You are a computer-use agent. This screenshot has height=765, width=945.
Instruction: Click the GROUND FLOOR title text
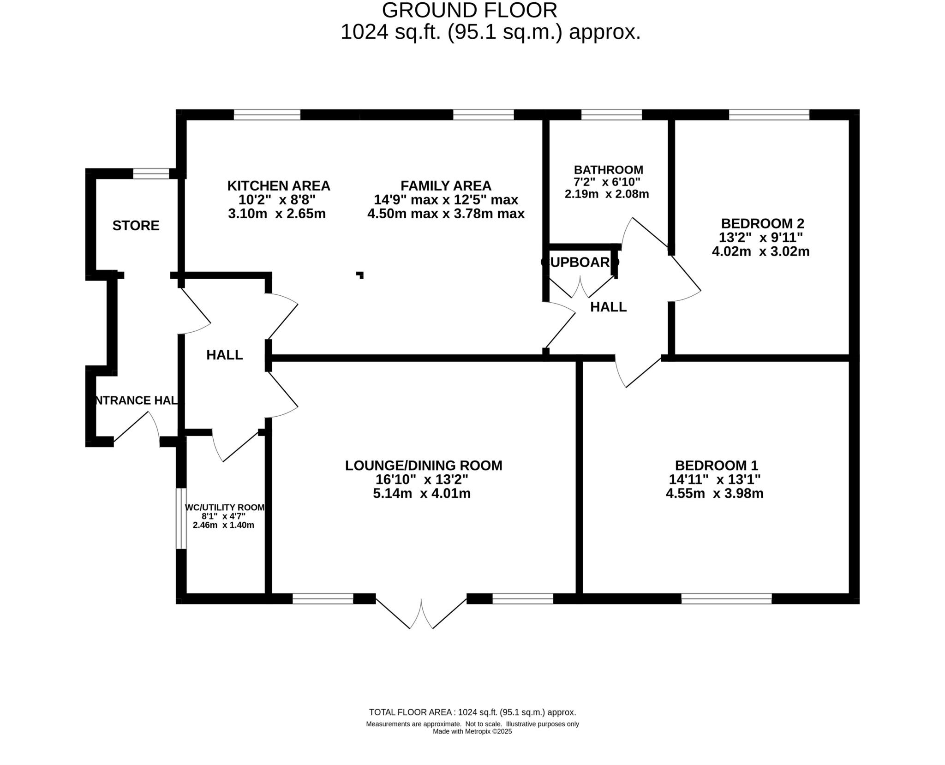tap(469, 10)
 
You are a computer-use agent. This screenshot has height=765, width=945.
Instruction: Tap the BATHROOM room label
tap(608, 170)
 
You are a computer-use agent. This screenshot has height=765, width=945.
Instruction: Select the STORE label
tap(136, 226)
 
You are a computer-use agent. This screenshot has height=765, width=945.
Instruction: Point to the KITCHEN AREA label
tap(279, 186)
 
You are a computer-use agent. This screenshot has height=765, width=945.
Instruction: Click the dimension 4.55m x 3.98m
tap(714, 494)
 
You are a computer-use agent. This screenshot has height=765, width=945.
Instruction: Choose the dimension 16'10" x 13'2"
tap(422, 479)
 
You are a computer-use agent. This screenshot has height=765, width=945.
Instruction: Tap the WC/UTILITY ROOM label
tap(225, 508)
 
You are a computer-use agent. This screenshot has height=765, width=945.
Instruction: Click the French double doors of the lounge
tap(421, 613)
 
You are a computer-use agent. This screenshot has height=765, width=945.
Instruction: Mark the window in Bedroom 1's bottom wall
tap(726, 599)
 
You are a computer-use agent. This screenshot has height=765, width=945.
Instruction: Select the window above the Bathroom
tap(611, 114)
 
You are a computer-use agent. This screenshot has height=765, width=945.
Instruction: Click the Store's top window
tap(151, 173)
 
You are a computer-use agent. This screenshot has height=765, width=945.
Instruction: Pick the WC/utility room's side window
tap(181, 518)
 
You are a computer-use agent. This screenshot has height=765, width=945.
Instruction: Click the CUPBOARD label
tap(580, 262)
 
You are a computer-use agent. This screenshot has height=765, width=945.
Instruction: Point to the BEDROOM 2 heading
tap(762, 224)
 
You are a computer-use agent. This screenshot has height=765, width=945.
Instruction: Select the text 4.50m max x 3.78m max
tap(446, 214)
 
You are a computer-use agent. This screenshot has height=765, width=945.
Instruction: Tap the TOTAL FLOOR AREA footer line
tap(472, 712)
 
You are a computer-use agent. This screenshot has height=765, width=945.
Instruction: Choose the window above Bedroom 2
tap(769, 114)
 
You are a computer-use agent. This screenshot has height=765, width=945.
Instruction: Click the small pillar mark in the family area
tap(360, 275)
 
